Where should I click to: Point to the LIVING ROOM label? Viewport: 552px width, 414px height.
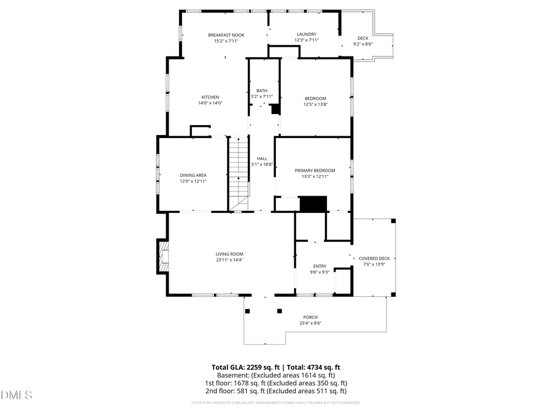(229, 254)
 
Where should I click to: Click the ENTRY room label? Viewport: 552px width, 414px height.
(320, 266)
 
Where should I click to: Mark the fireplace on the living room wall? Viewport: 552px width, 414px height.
(163, 256)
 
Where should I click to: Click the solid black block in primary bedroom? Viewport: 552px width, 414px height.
(312, 204)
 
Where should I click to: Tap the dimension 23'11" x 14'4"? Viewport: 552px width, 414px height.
(229, 260)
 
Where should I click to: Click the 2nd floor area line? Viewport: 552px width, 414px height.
(275, 391)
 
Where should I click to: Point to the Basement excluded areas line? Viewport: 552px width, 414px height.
(275, 375)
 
